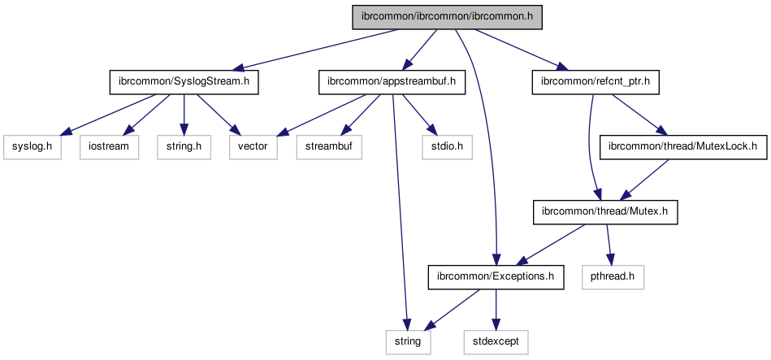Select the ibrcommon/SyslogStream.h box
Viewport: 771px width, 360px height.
184,82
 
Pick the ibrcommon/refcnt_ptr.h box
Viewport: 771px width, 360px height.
596,82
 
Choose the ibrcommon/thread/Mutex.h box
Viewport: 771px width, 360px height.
604,212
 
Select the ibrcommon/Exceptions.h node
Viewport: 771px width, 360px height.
496,277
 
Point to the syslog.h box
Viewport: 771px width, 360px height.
32,147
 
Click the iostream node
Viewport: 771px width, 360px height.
109,147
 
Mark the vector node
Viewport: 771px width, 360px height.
253,147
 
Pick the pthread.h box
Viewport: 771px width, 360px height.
613,277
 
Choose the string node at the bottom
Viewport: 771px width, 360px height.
408,341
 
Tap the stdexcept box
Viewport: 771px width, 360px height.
496,341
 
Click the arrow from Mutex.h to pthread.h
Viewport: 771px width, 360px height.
608,244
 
